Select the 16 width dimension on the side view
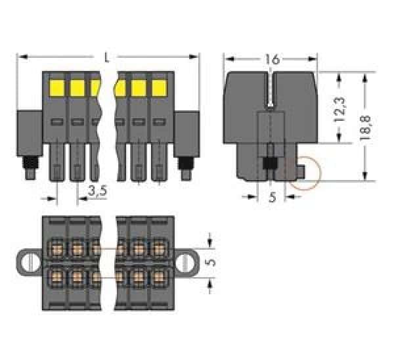(x=273, y=59)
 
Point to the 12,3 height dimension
(x=339, y=108)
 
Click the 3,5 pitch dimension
(x=97, y=192)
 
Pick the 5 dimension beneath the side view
(x=272, y=197)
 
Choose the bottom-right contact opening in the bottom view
(x=158, y=275)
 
